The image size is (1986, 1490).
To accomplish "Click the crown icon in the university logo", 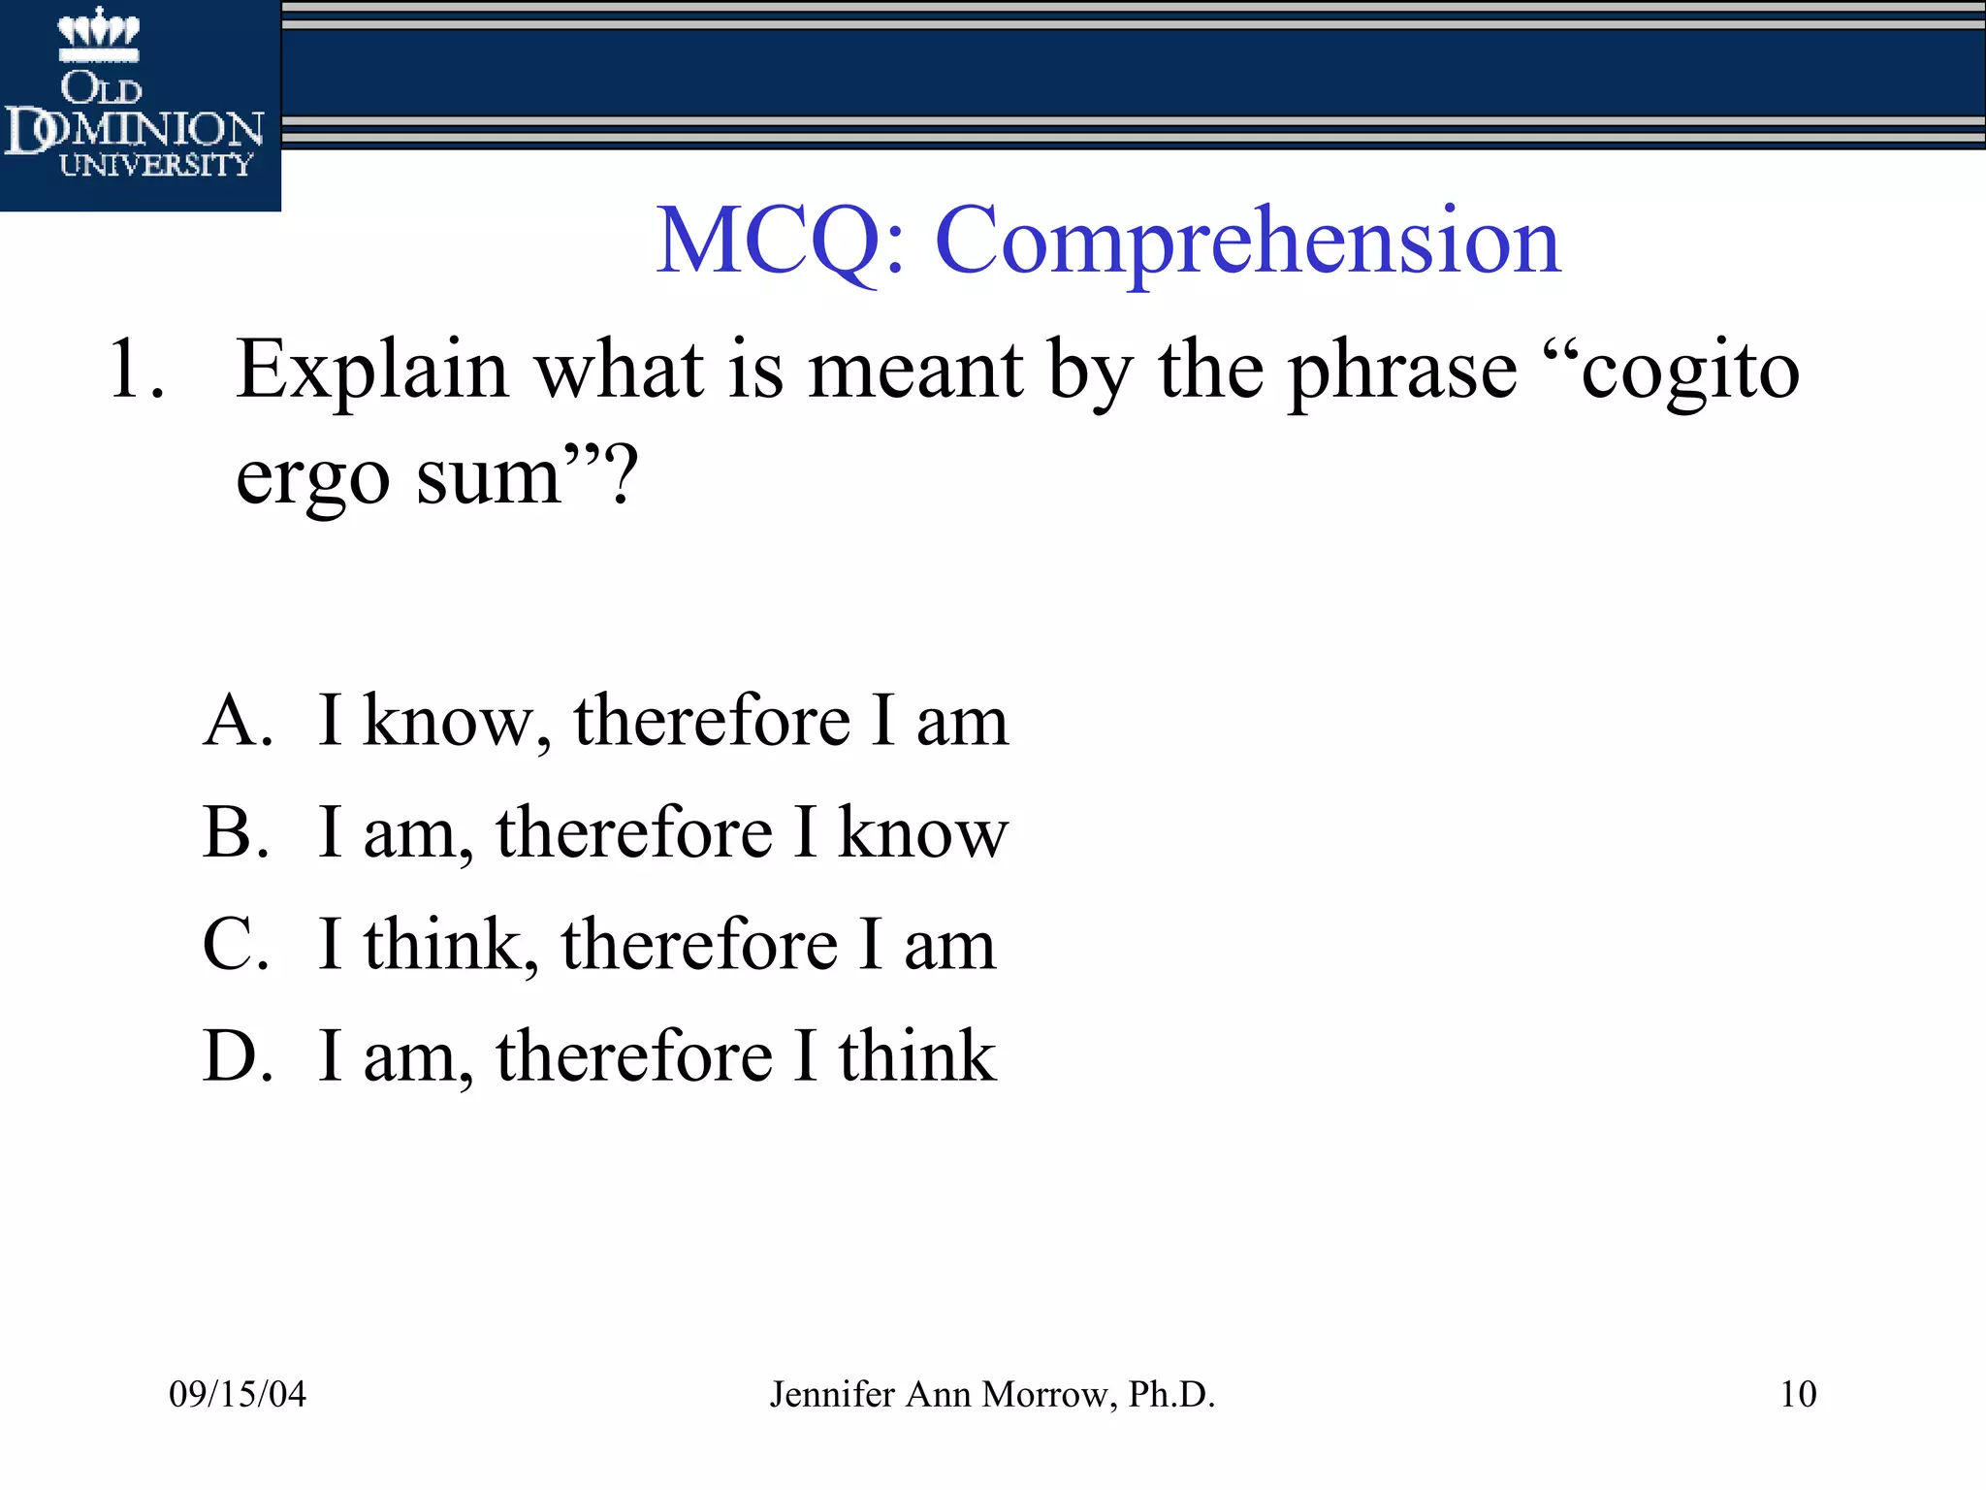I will (x=98, y=32).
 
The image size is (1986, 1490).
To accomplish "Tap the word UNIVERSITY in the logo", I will (x=155, y=165).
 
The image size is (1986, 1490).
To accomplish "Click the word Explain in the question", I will (x=372, y=371).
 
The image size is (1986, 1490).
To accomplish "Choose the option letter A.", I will (x=236, y=721).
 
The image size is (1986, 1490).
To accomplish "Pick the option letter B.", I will (x=235, y=832).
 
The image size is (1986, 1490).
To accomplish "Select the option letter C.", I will (x=235, y=944).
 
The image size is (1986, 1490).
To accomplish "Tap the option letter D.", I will (x=236, y=1055).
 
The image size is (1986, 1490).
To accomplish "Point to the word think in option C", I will (x=446, y=944).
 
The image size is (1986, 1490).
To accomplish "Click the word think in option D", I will (x=916, y=1055).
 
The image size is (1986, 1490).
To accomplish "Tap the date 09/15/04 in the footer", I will (x=238, y=1394).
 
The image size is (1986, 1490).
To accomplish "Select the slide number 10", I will (x=1798, y=1394).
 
